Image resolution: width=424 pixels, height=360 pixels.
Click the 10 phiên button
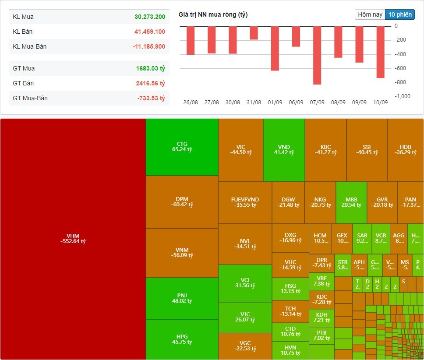click(x=400, y=14)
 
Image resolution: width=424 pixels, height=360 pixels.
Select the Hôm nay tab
click(x=370, y=14)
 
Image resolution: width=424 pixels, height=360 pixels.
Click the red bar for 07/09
click(x=317, y=55)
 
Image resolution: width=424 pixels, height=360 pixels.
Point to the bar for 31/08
click(x=254, y=33)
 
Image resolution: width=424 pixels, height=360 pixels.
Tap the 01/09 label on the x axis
click(x=275, y=102)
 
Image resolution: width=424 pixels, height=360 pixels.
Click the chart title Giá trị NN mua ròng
click(x=213, y=15)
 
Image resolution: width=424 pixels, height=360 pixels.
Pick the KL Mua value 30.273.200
click(x=150, y=17)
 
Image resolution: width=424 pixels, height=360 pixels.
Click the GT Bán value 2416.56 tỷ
click(x=150, y=83)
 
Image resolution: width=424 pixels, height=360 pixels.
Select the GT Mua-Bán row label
click(x=30, y=98)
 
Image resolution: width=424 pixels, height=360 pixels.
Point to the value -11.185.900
click(x=149, y=46)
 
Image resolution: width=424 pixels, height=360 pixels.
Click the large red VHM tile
click(x=73, y=239)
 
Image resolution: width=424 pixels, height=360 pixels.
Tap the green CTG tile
click(x=182, y=147)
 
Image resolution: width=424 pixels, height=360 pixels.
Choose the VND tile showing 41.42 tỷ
click(x=284, y=149)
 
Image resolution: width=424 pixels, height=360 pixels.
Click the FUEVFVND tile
click(x=245, y=202)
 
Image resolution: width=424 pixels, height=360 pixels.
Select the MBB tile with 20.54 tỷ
click(x=351, y=202)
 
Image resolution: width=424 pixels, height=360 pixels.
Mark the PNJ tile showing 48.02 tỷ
click(x=182, y=298)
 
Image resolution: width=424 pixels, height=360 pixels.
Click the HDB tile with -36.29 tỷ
click(x=405, y=149)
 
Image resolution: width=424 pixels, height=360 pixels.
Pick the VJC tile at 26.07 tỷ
click(x=245, y=317)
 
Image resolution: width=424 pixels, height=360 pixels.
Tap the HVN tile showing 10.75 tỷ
click(x=290, y=350)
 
